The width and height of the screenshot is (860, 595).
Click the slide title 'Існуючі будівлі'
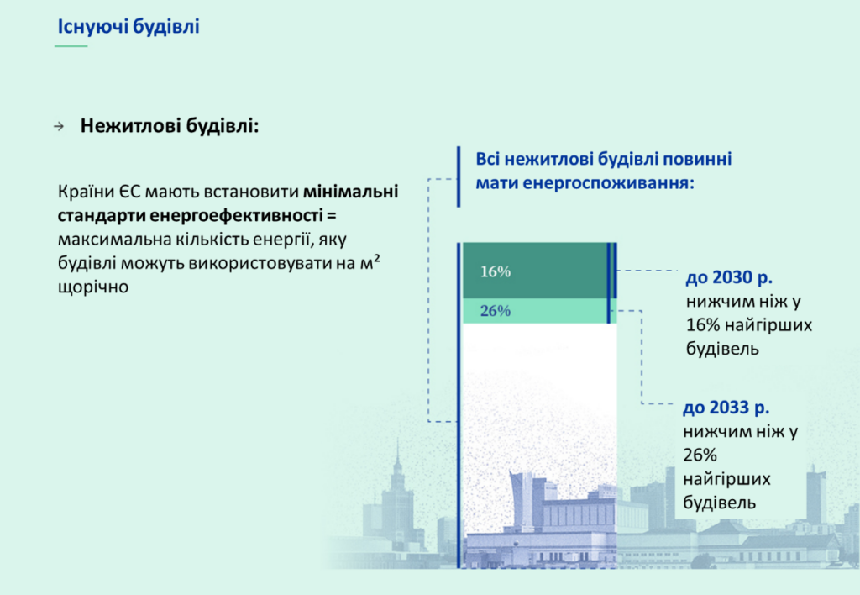tap(128, 26)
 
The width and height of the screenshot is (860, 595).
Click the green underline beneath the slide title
tap(71, 46)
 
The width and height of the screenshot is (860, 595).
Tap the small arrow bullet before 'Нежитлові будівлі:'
tap(59, 127)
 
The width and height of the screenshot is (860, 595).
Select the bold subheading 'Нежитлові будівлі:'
tap(170, 126)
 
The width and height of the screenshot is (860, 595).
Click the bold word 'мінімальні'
tap(351, 192)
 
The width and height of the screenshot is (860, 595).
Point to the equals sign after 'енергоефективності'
tap(331, 215)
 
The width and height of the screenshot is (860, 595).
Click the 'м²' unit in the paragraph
tap(370, 262)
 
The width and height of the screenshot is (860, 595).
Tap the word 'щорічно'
tap(93, 287)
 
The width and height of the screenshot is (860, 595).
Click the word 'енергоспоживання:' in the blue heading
tap(585, 182)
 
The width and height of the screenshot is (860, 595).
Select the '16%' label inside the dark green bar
tap(496, 271)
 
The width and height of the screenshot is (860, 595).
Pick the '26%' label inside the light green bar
tap(496, 311)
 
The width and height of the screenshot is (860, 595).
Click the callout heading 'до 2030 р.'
tap(729, 277)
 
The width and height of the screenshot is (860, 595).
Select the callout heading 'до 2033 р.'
tap(726, 408)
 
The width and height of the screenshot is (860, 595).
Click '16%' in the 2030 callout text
tap(703, 325)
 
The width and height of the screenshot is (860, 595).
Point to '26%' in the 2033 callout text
tap(700, 455)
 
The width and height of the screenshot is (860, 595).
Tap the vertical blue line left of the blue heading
tap(459, 176)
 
